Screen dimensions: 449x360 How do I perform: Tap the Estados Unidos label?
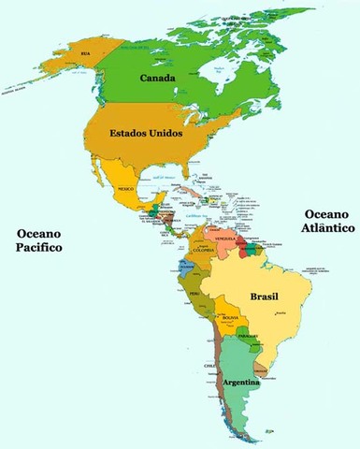pyautogui.click(x=146, y=134)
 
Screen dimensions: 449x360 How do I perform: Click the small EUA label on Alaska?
pyautogui.click(x=87, y=54)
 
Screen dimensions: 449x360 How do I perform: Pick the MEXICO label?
pyautogui.click(x=124, y=190)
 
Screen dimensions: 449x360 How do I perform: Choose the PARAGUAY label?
pyautogui.click(x=247, y=336)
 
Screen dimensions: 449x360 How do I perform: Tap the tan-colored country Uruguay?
pyautogui.click(x=265, y=373)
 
